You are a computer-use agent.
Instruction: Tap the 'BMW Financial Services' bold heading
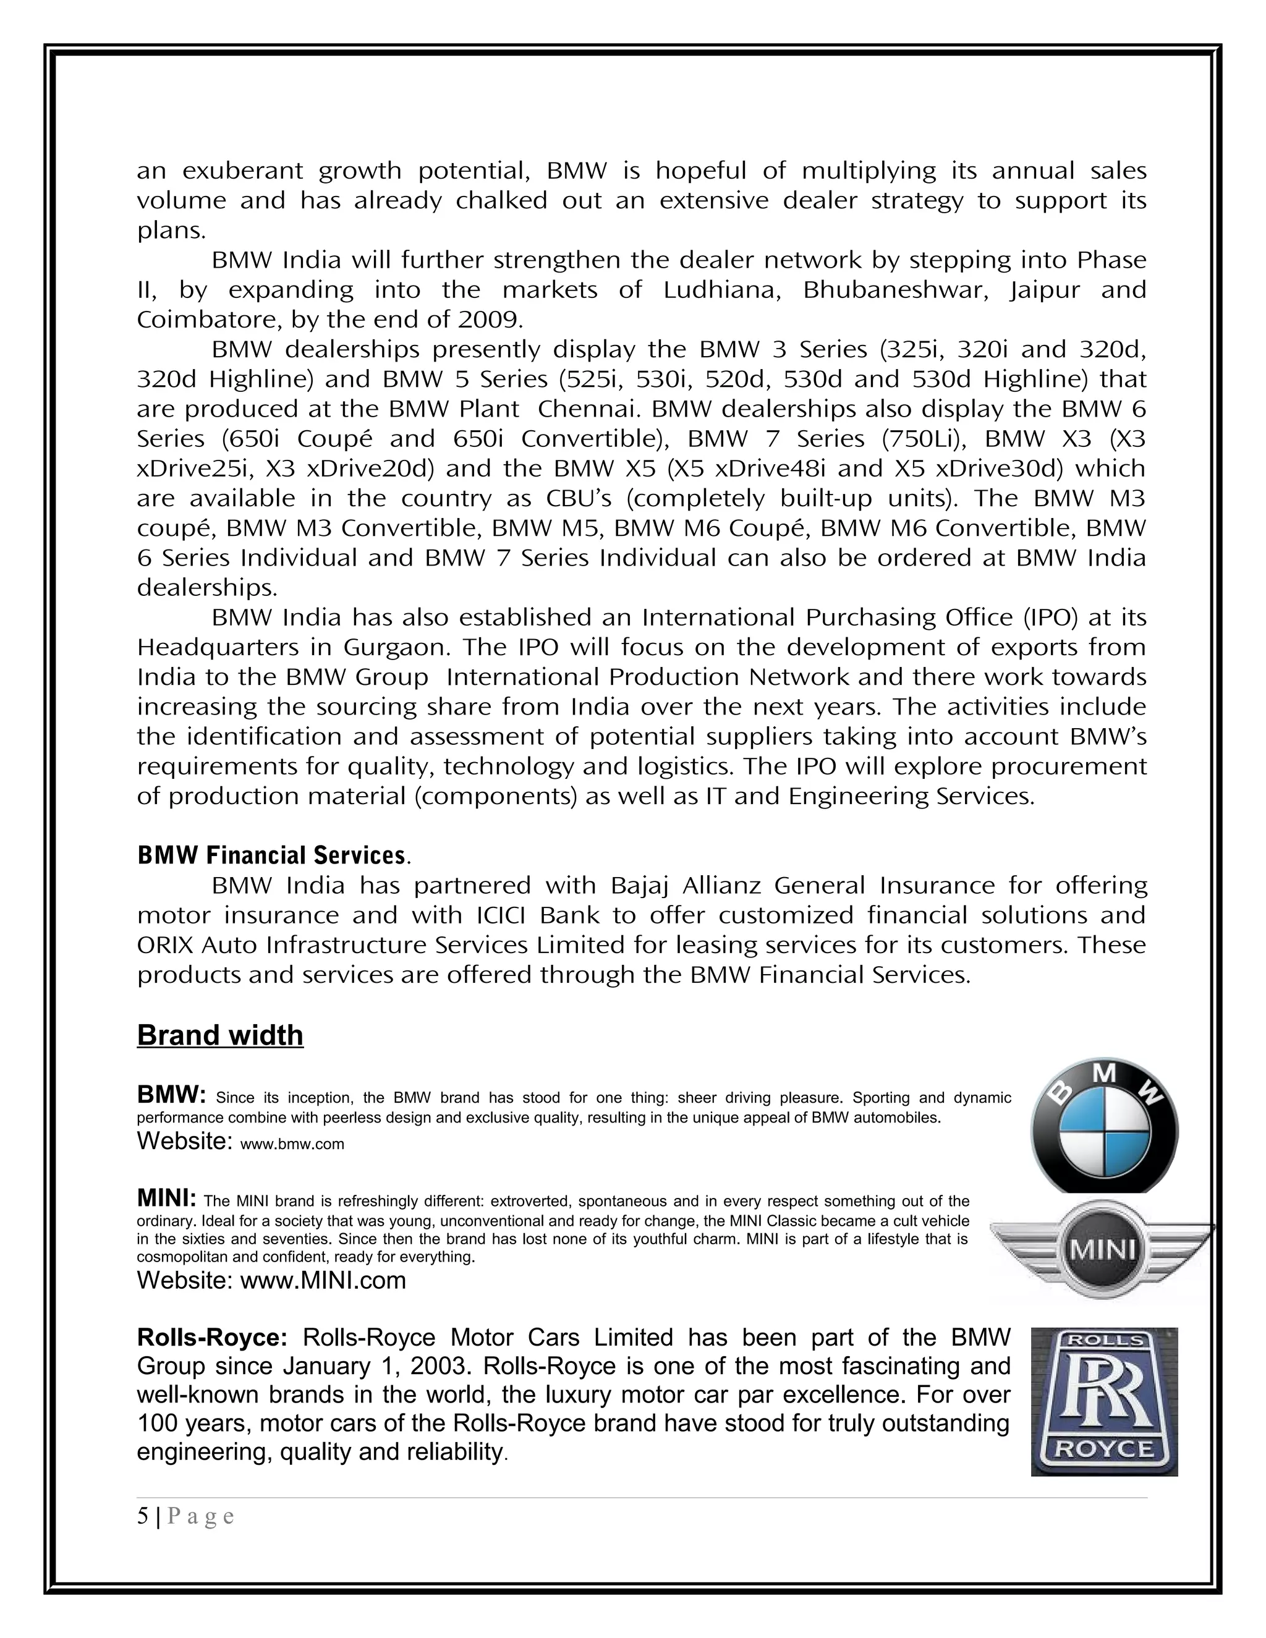click(x=271, y=855)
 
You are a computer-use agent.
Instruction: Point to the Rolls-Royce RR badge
click(x=1104, y=1401)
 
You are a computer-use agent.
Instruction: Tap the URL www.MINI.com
click(x=323, y=1279)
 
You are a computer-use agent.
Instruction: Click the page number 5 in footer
click(x=143, y=1516)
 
